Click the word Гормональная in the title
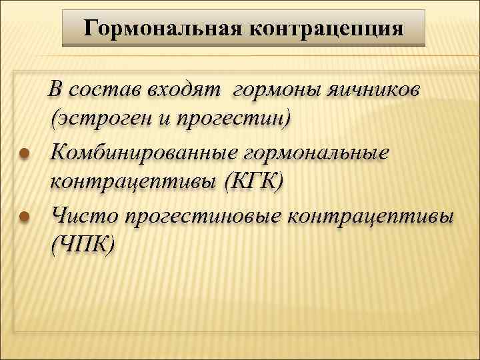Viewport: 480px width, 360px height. (163, 29)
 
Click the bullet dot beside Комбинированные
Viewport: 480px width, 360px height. (23, 153)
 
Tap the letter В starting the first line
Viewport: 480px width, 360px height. (57, 89)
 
